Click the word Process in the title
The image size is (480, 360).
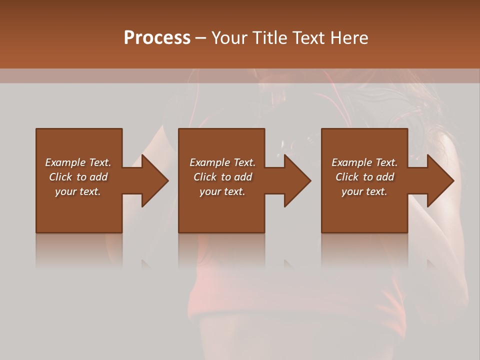157,38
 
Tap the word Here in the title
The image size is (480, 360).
348,38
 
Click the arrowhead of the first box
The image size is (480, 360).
154,180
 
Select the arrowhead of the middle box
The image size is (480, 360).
297,180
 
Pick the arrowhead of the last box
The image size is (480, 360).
440,180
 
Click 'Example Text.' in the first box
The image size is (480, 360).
78,162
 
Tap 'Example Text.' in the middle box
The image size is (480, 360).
222,162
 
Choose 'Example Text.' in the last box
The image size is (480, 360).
364,162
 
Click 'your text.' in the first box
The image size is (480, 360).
78,191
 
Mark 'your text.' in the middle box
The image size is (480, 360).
222,191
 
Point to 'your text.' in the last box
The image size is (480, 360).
364,191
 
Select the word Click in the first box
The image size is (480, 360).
60,177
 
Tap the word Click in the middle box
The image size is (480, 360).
205,177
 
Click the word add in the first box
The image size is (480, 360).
99,177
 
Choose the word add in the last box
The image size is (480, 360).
385,177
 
